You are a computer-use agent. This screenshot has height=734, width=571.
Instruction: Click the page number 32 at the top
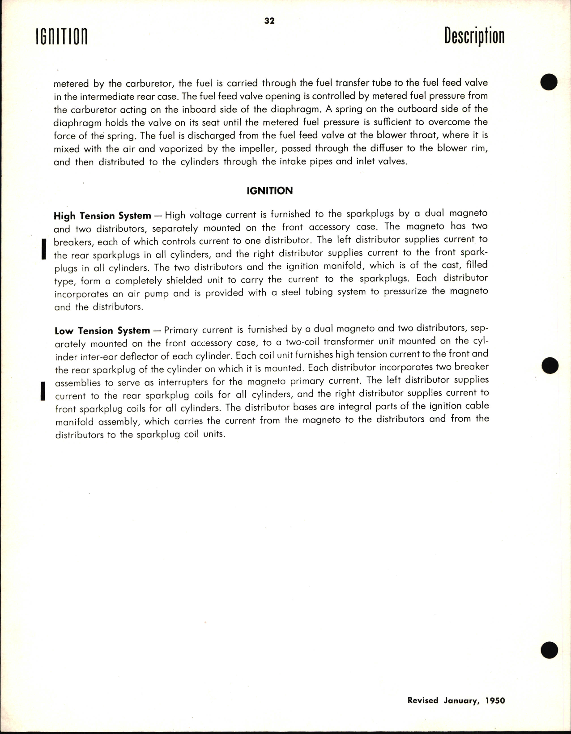[269, 21]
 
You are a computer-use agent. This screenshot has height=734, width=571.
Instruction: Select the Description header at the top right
[474, 36]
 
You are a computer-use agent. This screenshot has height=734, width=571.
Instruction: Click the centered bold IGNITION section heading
[269, 191]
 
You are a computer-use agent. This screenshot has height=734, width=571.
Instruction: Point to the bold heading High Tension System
[102, 216]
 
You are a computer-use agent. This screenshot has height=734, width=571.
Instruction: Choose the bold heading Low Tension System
[102, 331]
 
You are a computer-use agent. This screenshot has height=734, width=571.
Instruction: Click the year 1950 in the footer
[495, 700]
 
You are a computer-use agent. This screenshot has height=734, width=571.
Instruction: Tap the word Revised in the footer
[423, 700]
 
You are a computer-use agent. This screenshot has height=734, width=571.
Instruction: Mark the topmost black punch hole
[549, 82]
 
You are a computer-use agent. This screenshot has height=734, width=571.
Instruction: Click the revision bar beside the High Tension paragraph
[44, 249]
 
